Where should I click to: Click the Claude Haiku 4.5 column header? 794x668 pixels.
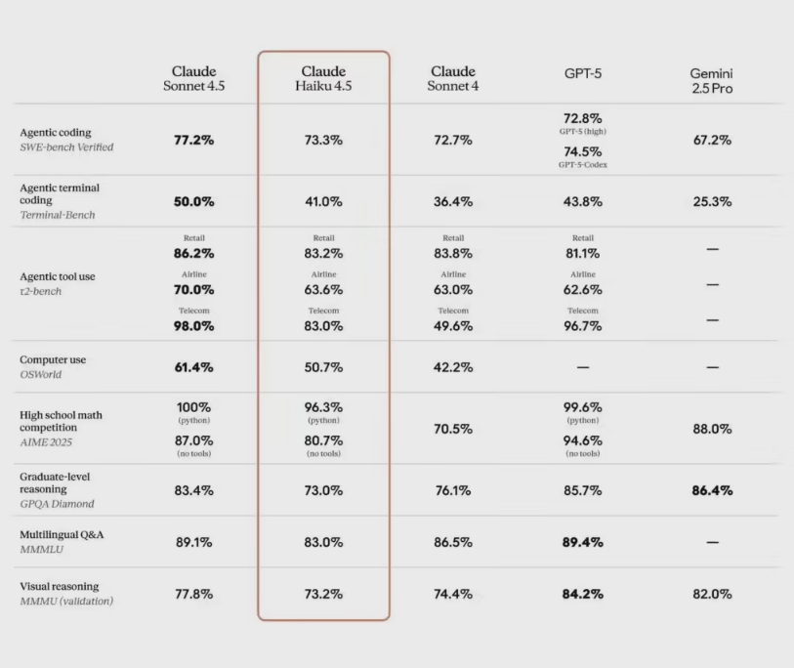click(323, 79)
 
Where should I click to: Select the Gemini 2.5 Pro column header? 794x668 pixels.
click(711, 80)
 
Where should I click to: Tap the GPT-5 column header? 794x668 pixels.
click(582, 73)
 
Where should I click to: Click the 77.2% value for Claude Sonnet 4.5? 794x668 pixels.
click(194, 140)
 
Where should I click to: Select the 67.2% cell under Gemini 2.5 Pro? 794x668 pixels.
click(712, 140)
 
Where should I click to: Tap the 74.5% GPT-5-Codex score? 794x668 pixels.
click(582, 151)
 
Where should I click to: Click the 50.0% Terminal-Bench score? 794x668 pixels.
click(194, 201)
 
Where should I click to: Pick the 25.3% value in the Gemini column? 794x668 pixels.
click(712, 201)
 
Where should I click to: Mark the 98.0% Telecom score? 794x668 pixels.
click(194, 326)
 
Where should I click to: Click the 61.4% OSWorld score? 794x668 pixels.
click(194, 367)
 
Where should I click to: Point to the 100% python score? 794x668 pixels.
click(194, 406)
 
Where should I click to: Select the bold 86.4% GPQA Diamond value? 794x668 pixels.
click(712, 490)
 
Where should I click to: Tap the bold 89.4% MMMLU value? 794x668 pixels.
click(582, 542)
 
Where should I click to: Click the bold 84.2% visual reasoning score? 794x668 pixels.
click(582, 594)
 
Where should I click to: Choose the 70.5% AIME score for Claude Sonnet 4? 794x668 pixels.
click(452, 429)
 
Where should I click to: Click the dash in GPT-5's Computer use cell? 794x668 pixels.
click(582, 367)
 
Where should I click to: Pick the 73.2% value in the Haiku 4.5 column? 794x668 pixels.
click(323, 594)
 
